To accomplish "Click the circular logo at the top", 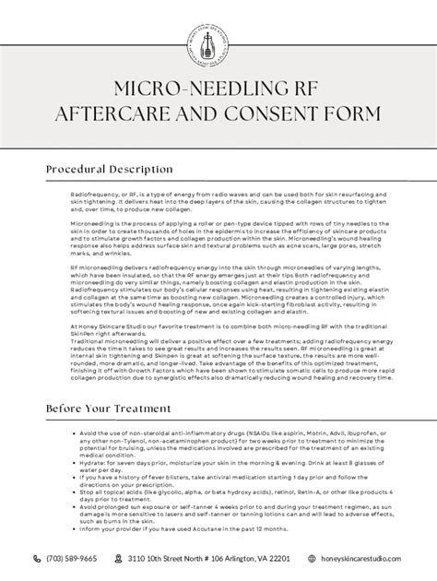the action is coord(218,37).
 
